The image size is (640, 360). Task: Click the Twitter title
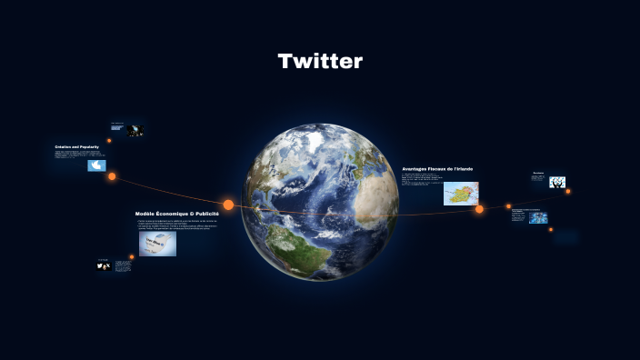coord(320,62)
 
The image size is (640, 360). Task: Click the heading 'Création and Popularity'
coord(76,146)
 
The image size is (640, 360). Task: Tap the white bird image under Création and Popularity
coord(96,165)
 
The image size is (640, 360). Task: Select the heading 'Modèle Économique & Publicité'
coord(176,214)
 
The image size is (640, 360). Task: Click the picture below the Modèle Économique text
coord(157,243)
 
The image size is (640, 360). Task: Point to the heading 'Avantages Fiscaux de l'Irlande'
coord(437,169)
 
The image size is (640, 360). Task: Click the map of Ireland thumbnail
coord(461,194)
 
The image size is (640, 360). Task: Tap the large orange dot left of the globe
coord(228,205)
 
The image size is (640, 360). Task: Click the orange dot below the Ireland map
coord(479,210)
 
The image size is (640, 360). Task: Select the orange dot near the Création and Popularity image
coord(112,176)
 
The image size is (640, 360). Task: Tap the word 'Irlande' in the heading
coord(463,169)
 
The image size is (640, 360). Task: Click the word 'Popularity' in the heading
coord(88,146)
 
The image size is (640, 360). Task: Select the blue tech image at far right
coord(538,218)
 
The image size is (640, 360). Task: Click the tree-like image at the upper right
coord(557,182)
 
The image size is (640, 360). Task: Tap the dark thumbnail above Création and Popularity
coord(135,130)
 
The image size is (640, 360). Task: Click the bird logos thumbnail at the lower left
coord(103,266)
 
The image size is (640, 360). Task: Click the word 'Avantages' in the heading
coord(415,169)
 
